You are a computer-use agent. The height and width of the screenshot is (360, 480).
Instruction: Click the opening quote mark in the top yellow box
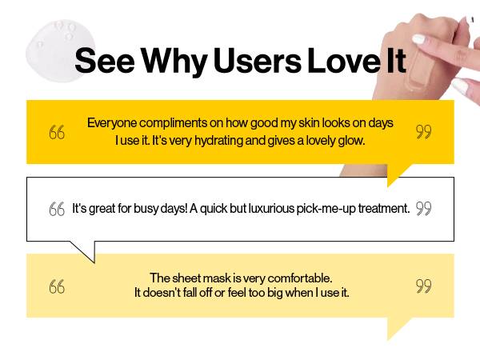point(57,132)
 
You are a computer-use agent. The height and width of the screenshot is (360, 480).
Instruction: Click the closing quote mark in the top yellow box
point(424,132)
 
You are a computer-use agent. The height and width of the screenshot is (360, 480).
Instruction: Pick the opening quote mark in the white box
point(57,209)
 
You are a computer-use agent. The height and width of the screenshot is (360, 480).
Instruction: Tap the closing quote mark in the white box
point(424,208)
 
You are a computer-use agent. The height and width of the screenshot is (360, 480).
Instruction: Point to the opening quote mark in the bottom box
point(57,286)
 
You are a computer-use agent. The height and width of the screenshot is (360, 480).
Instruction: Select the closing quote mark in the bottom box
point(424,286)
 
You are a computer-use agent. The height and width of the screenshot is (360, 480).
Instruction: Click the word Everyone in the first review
point(112,123)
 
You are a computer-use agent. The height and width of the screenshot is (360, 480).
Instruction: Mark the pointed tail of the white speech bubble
point(94,262)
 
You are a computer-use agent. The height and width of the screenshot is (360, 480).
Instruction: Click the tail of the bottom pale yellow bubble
point(388,339)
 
